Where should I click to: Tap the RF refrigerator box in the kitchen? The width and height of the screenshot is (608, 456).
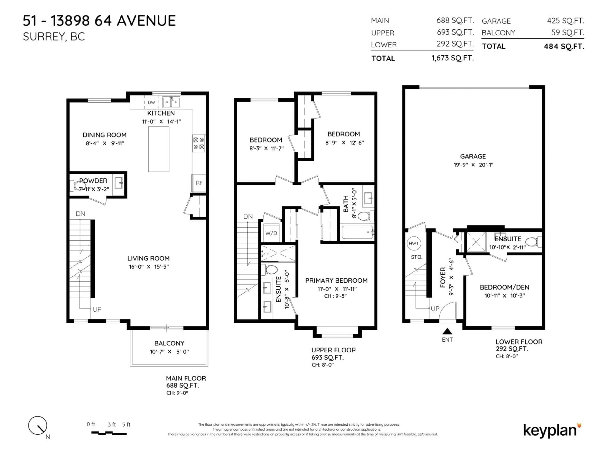199,183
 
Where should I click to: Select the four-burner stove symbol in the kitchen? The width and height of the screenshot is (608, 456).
198,143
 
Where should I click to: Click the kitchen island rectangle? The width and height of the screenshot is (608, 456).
159,149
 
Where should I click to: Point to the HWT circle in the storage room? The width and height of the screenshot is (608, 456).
414,243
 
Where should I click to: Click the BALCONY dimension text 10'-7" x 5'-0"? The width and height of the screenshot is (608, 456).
169,351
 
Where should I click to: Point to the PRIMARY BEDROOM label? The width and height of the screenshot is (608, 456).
336,281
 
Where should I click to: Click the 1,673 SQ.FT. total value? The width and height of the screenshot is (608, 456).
452,58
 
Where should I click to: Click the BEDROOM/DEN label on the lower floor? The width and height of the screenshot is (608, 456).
504,287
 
